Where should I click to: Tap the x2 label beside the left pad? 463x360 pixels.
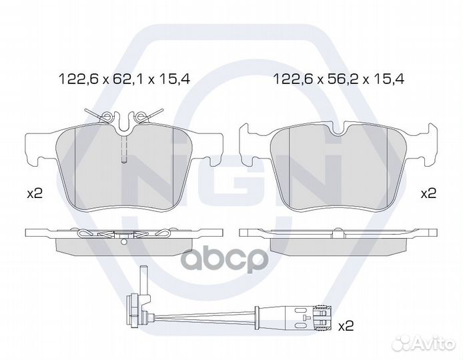pos(35,194)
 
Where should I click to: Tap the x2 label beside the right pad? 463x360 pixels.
pos(428,193)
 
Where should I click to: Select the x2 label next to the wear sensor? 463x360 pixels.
pos(346,326)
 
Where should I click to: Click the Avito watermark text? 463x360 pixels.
pos(434,343)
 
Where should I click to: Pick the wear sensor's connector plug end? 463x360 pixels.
pos(324,317)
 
